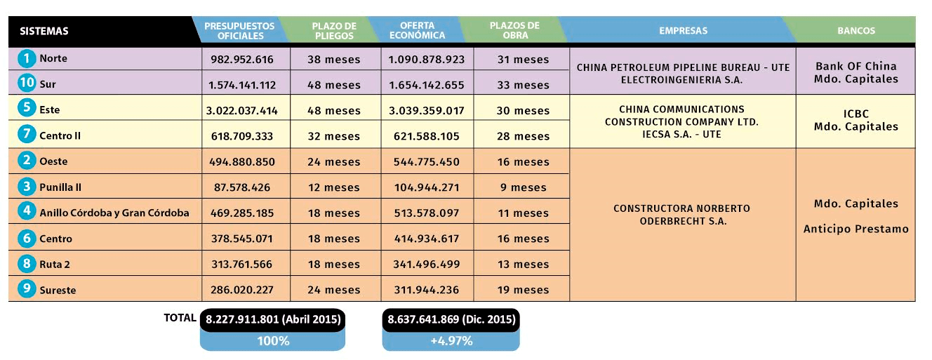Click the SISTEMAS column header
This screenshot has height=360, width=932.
(44, 31)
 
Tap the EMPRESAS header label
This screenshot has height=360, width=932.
(683, 31)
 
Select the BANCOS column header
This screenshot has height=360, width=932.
(856, 31)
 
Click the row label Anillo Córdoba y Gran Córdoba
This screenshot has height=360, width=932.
(114, 213)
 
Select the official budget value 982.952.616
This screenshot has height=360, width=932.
(242, 60)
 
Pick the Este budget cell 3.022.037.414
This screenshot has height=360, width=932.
(243, 111)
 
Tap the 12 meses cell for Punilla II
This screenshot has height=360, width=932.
(333, 187)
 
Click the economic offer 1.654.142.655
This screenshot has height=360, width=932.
(426, 85)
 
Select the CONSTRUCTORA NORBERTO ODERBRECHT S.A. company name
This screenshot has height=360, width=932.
(681, 215)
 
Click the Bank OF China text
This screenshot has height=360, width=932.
(856, 66)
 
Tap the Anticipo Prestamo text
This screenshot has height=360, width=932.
(856, 229)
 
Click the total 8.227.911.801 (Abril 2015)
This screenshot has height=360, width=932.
(272, 319)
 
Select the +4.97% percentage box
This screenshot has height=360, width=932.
(451, 341)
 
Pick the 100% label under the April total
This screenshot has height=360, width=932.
(272, 341)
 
